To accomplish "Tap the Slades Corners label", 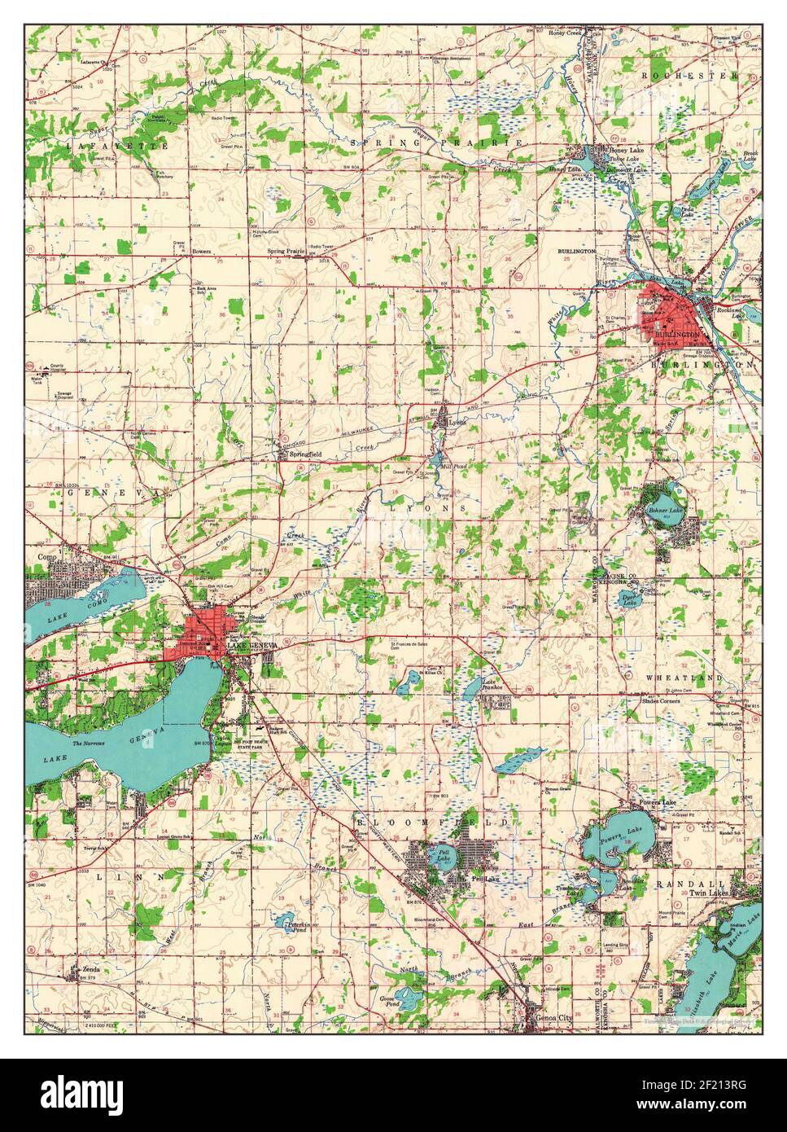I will (661, 701).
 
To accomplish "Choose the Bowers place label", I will (201, 252).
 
